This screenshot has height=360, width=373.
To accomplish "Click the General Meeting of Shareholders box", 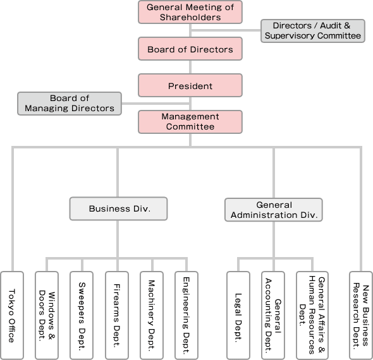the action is click(x=190, y=12).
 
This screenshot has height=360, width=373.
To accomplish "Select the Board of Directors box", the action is click(x=190, y=49).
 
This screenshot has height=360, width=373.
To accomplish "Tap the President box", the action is click(x=190, y=85).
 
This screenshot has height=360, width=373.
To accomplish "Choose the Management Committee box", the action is click(x=190, y=122).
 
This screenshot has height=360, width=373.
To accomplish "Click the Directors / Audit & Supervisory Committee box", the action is click(x=313, y=31).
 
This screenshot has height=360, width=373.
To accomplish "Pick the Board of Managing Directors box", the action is click(x=70, y=104).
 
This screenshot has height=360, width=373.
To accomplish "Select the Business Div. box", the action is click(x=118, y=208).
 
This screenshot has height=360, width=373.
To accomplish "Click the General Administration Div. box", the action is click(x=274, y=210).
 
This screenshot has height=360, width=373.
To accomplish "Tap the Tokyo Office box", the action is click(x=12, y=315).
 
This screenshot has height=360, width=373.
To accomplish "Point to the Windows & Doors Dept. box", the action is click(x=47, y=315).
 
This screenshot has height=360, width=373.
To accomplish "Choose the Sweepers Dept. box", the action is click(x=82, y=315).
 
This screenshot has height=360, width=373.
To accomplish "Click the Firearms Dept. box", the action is click(x=117, y=315).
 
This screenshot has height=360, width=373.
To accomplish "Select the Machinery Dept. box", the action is click(x=152, y=315).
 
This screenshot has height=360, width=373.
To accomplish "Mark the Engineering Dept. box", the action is click(x=186, y=315).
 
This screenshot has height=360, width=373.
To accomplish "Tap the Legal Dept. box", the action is click(x=238, y=315).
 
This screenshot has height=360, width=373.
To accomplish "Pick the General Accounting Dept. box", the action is click(x=273, y=315).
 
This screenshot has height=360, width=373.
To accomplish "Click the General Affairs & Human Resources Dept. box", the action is click(x=312, y=315).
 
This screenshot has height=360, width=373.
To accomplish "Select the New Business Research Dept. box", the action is click(x=361, y=315).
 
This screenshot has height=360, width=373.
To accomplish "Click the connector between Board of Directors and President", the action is click(x=190, y=67).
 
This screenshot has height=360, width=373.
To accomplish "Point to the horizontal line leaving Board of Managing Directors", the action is click(x=156, y=104).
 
